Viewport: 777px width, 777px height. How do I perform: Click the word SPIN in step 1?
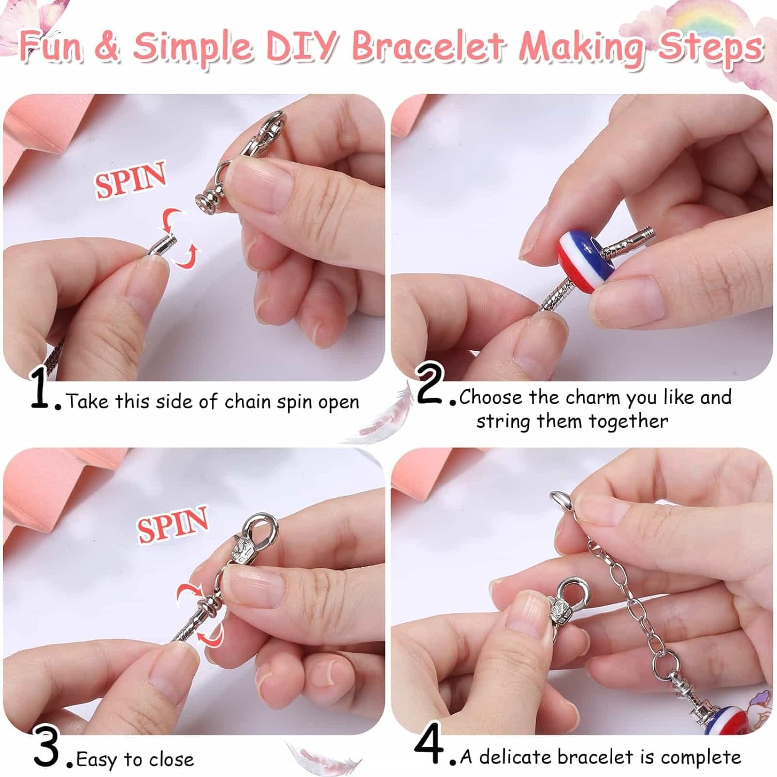click(131, 179)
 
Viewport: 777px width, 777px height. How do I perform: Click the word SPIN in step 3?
click(172, 524)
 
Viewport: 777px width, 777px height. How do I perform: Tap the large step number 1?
click(40, 388)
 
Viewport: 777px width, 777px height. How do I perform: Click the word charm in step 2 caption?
click(592, 397)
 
